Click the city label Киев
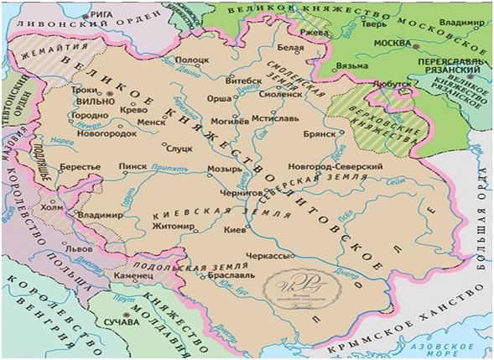click(x=235, y=228)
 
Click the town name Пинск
click(x=133, y=167)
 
